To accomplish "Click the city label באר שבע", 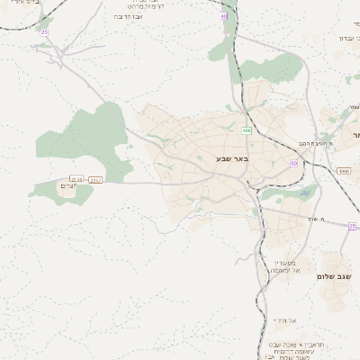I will click(x=231, y=159).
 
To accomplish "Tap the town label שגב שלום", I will click(x=333, y=276).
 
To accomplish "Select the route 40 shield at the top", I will click(x=223, y=16).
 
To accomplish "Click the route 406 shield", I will click(x=246, y=130).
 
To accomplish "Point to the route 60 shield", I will click(x=293, y=163).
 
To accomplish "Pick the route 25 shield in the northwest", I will click(x=43, y=32).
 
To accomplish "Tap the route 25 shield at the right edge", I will click(x=352, y=226).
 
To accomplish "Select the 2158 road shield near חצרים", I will click(x=76, y=178).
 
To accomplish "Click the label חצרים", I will click(x=68, y=186).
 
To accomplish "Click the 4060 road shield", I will click(x=344, y=169).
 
